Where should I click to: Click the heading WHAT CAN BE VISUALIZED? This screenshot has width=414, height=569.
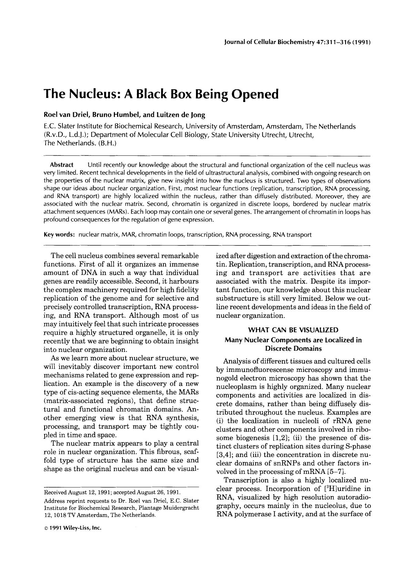293,330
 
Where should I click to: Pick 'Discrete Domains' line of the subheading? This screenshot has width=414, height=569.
293,348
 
